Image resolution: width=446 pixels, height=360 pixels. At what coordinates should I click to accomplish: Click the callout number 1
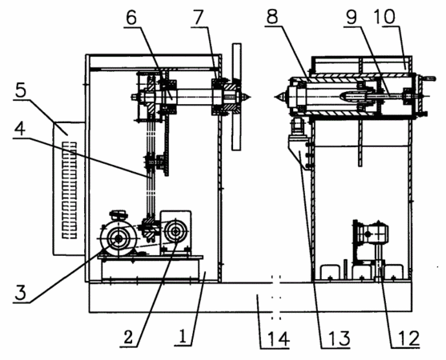(183, 337)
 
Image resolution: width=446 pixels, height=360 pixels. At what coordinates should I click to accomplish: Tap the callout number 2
(128, 337)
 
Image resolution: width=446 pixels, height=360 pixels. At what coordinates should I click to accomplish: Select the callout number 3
(20, 293)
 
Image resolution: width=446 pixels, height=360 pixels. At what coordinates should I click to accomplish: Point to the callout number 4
(20, 129)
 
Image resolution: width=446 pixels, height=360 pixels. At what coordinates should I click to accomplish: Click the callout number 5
(21, 90)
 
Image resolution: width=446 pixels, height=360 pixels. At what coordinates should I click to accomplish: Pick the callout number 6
(131, 18)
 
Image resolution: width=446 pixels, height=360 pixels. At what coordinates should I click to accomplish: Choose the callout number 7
(199, 18)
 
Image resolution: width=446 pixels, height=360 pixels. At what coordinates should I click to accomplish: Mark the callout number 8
(272, 17)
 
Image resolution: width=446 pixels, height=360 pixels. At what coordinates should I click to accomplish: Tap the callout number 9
(352, 17)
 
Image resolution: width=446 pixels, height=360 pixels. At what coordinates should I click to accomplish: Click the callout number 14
(275, 338)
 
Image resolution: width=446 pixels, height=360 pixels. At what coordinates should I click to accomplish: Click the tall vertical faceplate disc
(236, 97)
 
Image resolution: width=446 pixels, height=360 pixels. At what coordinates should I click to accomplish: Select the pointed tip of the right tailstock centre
(276, 97)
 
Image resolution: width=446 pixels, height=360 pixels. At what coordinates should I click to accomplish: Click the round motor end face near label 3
(118, 239)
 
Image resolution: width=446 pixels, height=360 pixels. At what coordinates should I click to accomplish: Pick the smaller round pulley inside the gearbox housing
(175, 232)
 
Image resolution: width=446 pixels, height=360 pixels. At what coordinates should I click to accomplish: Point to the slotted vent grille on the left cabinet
(70, 190)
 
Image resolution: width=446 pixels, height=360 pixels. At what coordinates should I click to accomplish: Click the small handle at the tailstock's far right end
(428, 78)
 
